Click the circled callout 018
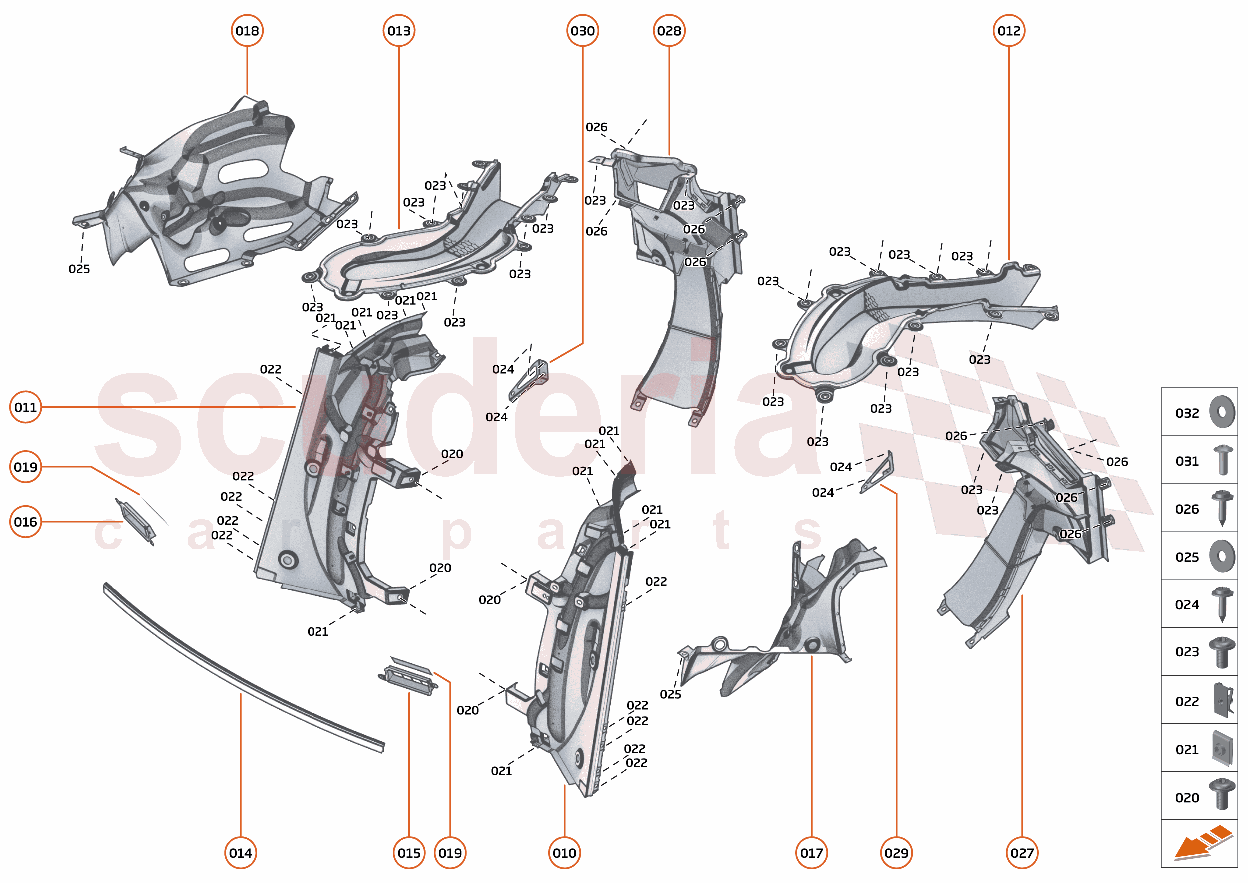pyautogui.click(x=247, y=31)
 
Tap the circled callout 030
pyautogui.click(x=582, y=31)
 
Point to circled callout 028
pyautogui.click(x=669, y=31)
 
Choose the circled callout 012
pyautogui.click(x=1009, y=31)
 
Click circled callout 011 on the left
pyautogui.click(x=25, y=407)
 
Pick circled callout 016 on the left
pyautogui.click(x=25, y=522)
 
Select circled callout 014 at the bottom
pyautogui.click(x=240, y=853)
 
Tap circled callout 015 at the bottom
pyautogui.click(x=409, y=853)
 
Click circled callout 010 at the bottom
pyautogui.click(x=564, y=853)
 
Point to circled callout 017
pyautogui.click(x=811, y=853)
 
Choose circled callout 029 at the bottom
pyautogui.click(x=896, y=853)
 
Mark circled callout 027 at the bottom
pyautogui.click(x=1022, y=853)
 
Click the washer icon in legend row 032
pyautogui.click(x=1222, y=412)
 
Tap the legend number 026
pyautogui.click(x=1187, y=509)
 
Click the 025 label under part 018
pyautogui.click(x=79, y=269)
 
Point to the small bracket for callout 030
pyautogui.click(x=529, y=380)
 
